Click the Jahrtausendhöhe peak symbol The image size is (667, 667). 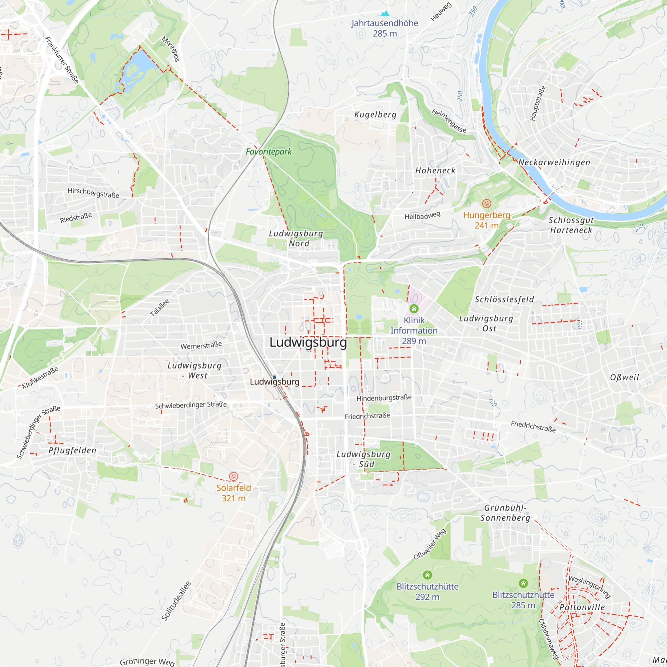[x=385, y=14]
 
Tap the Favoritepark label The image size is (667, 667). [x=268, y=151]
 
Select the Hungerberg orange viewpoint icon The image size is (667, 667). [x=487, y=203]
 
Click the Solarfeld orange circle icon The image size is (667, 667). [x=234, y=477]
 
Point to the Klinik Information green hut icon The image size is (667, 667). [x=414, y=308]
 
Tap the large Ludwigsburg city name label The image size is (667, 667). [x=308, y=343]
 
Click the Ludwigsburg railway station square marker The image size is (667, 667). [x=274, y=377]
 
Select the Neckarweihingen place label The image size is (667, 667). [x=554, y=162]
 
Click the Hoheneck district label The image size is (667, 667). [x=435, y=170]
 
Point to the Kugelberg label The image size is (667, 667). [x=375, y=115]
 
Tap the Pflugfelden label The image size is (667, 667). [x=72, y=450]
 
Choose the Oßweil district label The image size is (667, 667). [x=624, y=377]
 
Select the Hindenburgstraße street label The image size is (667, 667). [x=384, y=398]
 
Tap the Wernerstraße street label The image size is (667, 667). [x=201, y=345]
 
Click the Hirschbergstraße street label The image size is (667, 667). [x=93, y=193]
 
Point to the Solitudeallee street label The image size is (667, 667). [x=176, y=601]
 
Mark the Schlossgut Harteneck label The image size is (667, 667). [x=571, y=225]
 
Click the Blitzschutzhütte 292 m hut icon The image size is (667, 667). [x=427, y=575]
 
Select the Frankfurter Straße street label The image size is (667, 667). [x=62, y=60]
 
